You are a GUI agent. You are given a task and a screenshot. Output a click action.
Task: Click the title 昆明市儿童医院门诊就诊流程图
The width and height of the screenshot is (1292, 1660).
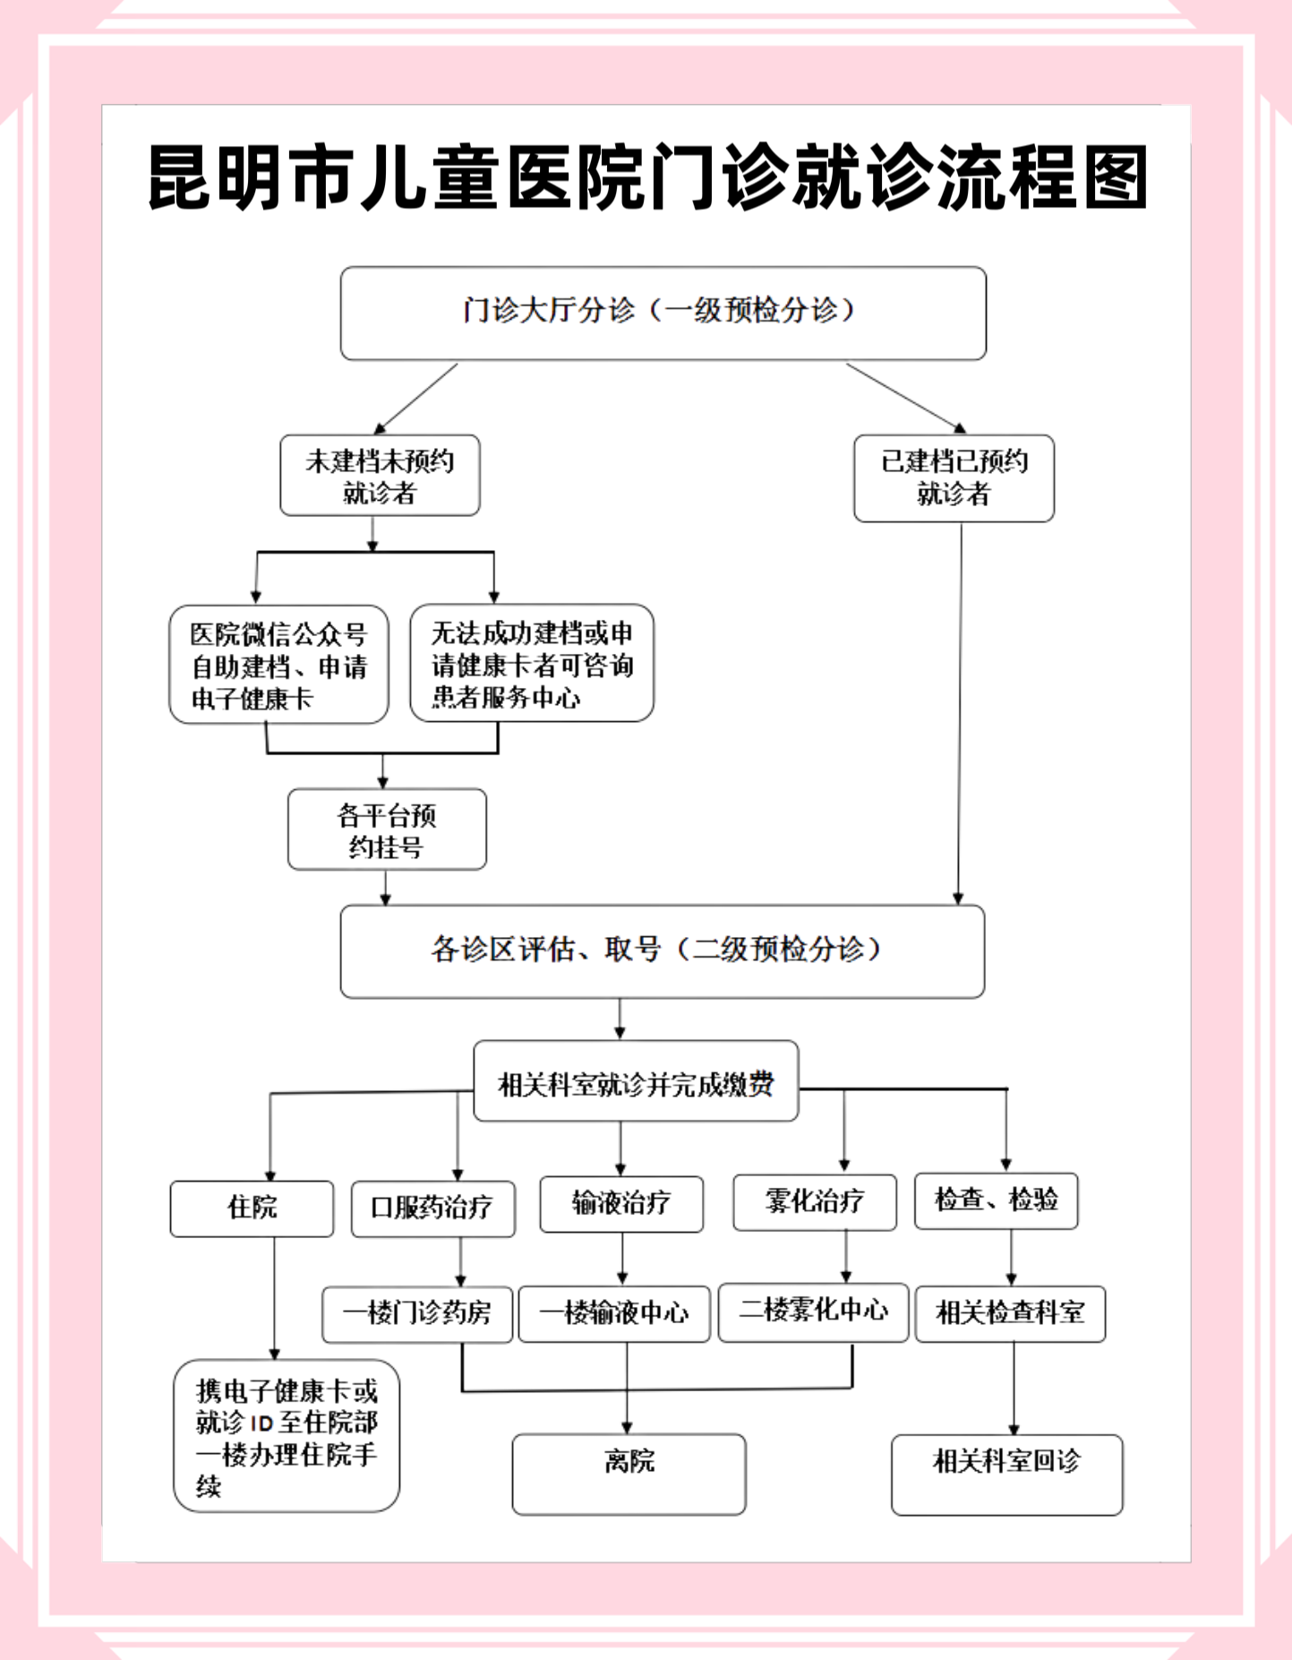tap(646, 177)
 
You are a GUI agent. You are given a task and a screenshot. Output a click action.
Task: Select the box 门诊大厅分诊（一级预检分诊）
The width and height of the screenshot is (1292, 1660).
tap(663, 314)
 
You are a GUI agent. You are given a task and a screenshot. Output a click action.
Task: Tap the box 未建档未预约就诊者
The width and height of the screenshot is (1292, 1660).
tap(380, 476)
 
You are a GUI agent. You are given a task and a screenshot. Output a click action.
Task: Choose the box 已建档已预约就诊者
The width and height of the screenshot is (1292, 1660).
tap(954, 478)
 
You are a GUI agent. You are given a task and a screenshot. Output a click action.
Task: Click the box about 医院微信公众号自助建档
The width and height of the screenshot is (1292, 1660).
tap(278, 665)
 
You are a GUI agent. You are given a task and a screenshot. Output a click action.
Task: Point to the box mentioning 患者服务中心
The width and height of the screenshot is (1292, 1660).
tap(532, 664)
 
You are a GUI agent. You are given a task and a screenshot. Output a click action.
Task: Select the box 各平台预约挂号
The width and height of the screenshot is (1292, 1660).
tap(387, 830)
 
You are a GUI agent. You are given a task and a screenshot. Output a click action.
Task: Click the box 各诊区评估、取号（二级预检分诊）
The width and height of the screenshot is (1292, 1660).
tap(663, 951)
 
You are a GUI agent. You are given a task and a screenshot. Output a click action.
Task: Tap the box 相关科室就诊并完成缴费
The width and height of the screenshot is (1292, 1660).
tap(636, 1081)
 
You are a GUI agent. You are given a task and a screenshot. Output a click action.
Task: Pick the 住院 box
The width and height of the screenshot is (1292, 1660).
tap(252, 1208)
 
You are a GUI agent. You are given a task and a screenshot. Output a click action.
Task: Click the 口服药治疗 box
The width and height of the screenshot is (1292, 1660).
tap(432, 1208)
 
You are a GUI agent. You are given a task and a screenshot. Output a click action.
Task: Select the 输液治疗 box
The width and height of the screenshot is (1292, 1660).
tap(621, 1204)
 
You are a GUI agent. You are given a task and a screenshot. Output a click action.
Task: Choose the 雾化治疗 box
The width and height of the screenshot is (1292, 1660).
tap(814, 1202)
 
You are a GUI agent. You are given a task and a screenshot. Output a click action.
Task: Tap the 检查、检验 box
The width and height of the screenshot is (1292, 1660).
tap(996, 1200)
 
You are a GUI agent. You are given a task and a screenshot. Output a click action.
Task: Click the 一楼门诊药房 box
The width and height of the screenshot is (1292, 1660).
tap(417, 1314)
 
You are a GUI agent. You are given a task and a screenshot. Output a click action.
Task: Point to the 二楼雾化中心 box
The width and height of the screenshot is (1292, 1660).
tap(813, 1312)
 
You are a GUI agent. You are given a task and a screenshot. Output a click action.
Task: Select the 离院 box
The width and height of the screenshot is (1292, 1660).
tap(629, 1474)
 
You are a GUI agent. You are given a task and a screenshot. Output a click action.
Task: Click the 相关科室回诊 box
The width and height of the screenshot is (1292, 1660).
tap(1006, 1475)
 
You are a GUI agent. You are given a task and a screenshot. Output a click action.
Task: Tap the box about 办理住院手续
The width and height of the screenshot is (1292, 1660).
tap(287, 1436)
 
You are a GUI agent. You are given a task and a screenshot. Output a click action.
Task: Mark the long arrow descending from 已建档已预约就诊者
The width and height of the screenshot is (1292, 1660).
tap(960, 717)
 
